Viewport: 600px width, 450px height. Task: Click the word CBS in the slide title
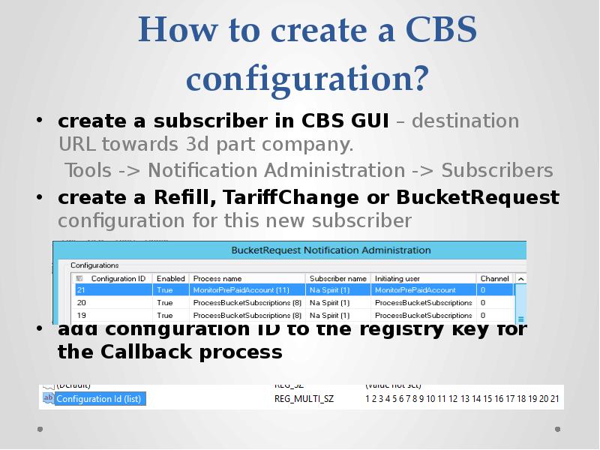click(440, 31)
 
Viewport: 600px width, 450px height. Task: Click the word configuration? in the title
click(307, 78)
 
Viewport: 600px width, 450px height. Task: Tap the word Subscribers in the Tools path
click(497, 171)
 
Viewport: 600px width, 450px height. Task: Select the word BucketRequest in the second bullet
click(478, 197)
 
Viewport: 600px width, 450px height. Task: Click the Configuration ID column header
click(112, 278)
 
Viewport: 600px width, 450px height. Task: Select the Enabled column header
click(171, 278)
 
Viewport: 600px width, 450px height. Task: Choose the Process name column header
click(217, 278)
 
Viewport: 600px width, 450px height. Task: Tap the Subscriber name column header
click(338, 278)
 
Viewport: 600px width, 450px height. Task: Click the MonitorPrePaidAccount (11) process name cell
click(241, 289)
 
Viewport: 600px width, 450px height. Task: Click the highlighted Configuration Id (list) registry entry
click(99, 399)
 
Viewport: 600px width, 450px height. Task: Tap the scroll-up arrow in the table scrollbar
click(520, 278)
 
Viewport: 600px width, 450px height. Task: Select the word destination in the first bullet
click(465, 121)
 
